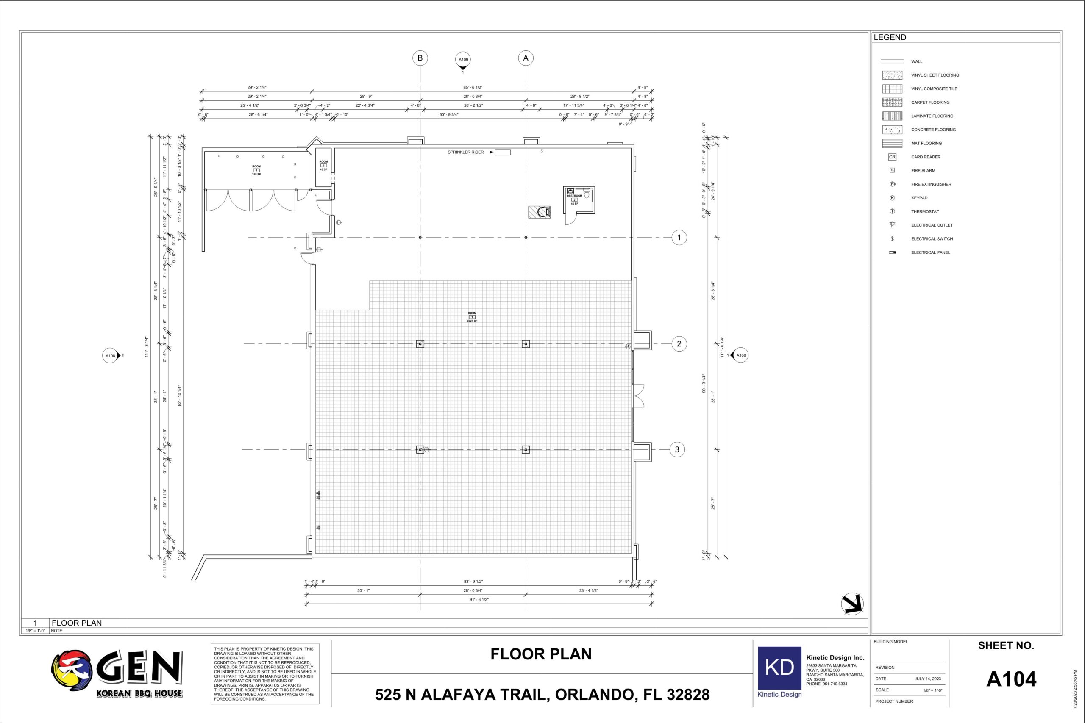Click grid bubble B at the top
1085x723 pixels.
click(420, 58)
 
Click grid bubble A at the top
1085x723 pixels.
click(526, 58)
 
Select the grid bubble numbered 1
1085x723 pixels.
click(679, 238)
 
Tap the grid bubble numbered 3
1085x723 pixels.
click(677, 449)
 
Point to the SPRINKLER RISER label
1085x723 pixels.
click(465, 152)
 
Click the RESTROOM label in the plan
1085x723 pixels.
click(574, 196)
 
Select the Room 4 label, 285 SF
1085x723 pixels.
click(256, 170)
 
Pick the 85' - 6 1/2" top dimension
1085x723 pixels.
click(473, 87)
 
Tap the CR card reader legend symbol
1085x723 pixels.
click(892, 157)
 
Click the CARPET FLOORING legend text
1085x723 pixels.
click(930, 102)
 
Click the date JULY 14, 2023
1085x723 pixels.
click(927, 679)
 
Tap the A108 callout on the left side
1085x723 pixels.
click(111, 356)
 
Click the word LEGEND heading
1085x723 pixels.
click(890, 37)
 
